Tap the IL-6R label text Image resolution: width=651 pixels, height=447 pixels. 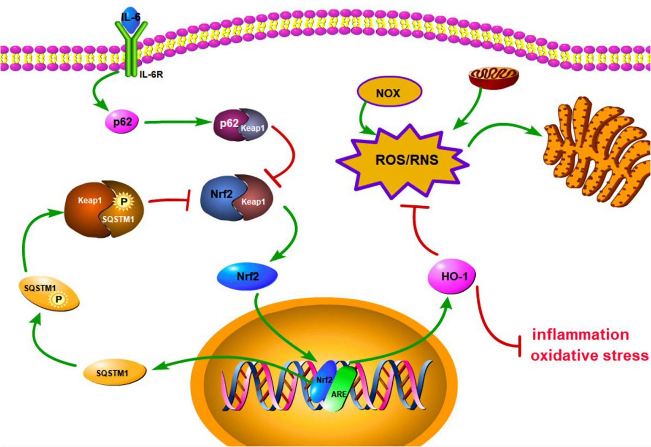pos(151,75)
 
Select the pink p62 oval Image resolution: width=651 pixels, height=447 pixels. pos(123,122)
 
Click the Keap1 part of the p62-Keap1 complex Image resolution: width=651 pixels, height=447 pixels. pos(254,129)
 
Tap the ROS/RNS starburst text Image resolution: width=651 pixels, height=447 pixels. pos(407,160)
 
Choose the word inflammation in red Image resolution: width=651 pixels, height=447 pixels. pos(581,335)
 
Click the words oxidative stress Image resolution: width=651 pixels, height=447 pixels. pos(590,355)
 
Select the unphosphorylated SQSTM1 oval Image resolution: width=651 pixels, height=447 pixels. pos(112,372)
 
